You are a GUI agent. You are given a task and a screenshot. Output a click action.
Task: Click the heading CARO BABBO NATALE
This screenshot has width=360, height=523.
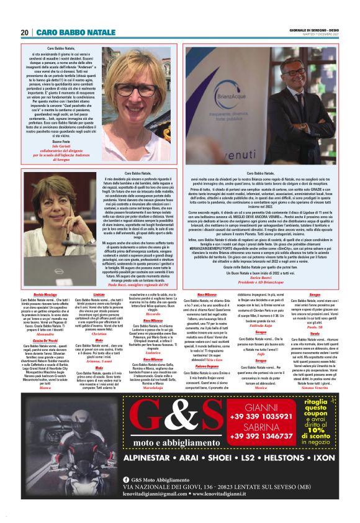[x=76, y=32]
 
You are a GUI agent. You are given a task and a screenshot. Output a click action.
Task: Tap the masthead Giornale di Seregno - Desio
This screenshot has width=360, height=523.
[x=313, y=29]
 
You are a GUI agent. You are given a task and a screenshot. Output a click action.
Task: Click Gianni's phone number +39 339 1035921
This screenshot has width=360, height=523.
[x=262, y=415]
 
